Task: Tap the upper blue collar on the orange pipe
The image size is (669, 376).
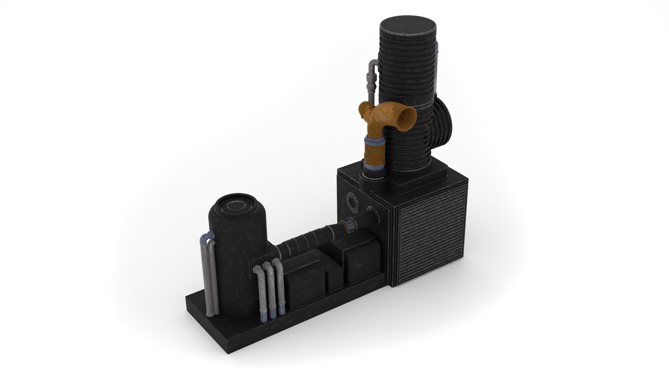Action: (x=375, y=141)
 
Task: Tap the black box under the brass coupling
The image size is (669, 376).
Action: (x=362, y=258)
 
